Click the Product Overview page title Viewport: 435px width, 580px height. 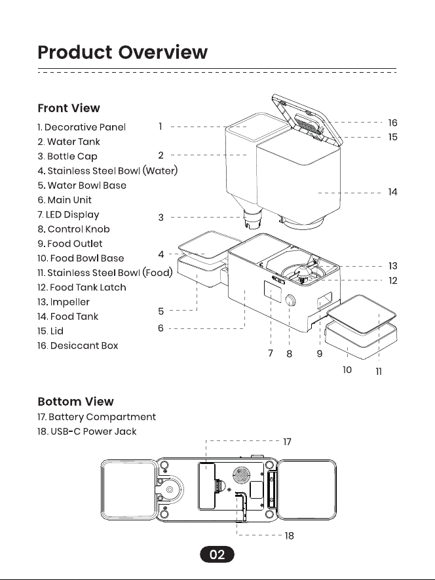(123, 52)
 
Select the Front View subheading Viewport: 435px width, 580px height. (69, 108)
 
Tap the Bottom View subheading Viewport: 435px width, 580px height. (76, 401)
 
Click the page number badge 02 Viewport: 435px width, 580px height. (217, 554)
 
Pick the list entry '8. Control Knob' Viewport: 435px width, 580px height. (73, 229)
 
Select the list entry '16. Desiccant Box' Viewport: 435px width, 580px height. (78, 345)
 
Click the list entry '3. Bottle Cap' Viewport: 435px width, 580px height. (67, 156)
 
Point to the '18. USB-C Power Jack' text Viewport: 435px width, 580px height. (87, 431)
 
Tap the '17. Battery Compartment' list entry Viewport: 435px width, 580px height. (96, 417)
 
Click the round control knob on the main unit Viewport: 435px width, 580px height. (291, 300)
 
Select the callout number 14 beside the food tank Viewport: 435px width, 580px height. (393, 192)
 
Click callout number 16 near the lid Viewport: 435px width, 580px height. (393, 123)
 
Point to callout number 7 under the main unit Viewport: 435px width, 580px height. (271, 353)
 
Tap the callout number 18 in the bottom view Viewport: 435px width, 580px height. (290, 535)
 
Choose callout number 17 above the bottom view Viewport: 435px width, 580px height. (288, 442)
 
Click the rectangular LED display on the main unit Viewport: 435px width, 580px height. (273, 292)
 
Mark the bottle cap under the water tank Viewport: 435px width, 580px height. (253, 219)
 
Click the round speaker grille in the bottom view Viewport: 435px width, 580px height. (242, 474)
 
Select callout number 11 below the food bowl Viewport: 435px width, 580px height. (379, 372)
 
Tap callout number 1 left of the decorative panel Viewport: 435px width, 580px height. (161, 126)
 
